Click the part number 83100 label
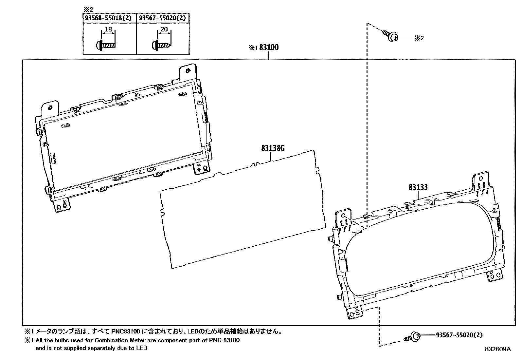(269, 47)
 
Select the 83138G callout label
(273, 148)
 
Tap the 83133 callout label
(418, 187)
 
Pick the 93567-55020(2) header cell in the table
(163, 18)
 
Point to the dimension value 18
(109, 29)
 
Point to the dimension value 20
(164, 29)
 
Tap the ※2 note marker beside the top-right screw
(419, 38)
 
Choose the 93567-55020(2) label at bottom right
(459, 335)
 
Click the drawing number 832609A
(497, 349)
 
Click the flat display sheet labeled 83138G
(242, 210)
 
